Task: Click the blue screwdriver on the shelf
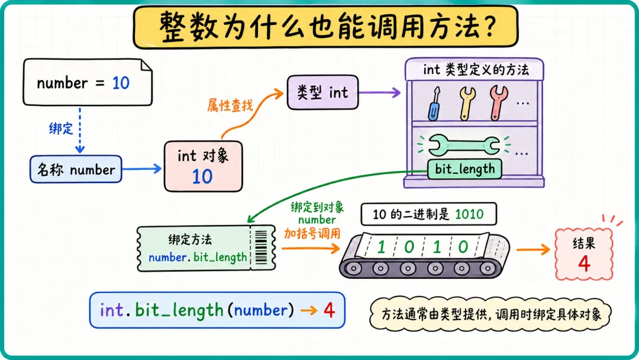[434, 104]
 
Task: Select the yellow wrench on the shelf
[467, 104]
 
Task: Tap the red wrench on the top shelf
[498, 103]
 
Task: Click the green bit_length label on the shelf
[464, 169]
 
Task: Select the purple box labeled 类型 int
[323, 92]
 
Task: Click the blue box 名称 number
[76, 169]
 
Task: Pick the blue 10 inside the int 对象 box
[202, 176]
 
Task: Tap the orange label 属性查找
[230, 105]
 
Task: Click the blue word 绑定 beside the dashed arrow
[61, 129]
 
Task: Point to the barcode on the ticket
[261, 247]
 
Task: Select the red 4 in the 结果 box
[584, 263]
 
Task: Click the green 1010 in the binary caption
[469, 214]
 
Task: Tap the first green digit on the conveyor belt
[382, 247]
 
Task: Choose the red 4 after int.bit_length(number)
[330, 311]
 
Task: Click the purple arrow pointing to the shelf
[380, 92]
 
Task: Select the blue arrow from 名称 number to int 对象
[142, 169]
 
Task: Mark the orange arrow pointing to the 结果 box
[534, 249]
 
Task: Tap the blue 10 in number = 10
[121, 83]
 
